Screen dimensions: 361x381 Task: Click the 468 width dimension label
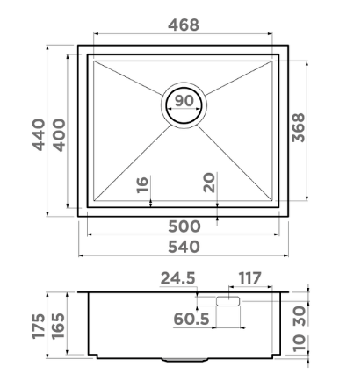(x=184, y=25)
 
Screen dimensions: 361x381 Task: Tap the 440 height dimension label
(x=39, y=134)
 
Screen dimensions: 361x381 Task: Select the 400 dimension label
(x=59, y=135)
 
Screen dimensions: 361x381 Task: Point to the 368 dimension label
(x=299, y=127)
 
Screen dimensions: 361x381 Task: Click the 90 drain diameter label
(x=184, y=101)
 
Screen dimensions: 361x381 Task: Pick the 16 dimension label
(x=142, y=185)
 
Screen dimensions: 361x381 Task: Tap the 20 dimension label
(x=209, y=183)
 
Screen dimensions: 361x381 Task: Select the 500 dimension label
(x=184, y=226)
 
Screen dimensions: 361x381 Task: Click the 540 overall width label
(x=184, y=247)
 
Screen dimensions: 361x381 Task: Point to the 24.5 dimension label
(x=177, y=278)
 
